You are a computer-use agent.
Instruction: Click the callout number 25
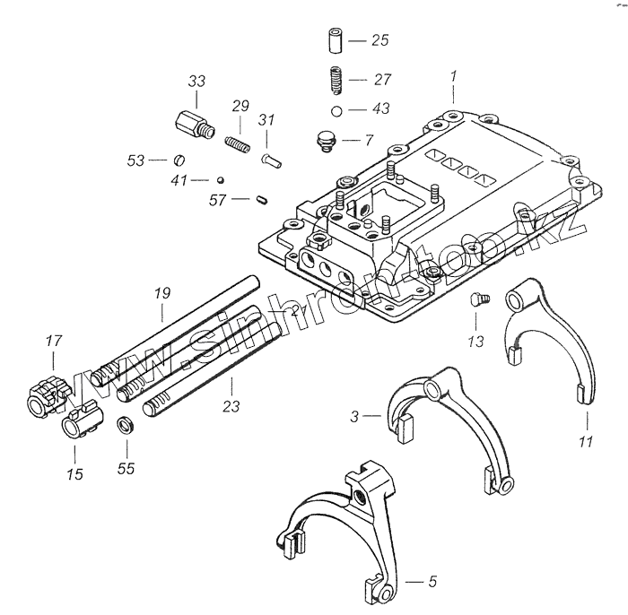tap(379, 41)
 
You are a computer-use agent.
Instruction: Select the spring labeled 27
tap(336, 80)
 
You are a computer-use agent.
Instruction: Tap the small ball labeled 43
tap(335, 110)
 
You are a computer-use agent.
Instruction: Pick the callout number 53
tap(135, 160)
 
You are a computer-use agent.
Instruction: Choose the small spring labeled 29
tap(237, 143)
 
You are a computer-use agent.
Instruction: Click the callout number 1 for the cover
tap(455, 77)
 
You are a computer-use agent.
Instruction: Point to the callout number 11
tap(587, 440)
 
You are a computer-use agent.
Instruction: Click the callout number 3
tap(356, 416)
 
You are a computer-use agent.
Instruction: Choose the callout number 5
tap(432, 583)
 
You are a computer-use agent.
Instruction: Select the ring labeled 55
tap(126, 424)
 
